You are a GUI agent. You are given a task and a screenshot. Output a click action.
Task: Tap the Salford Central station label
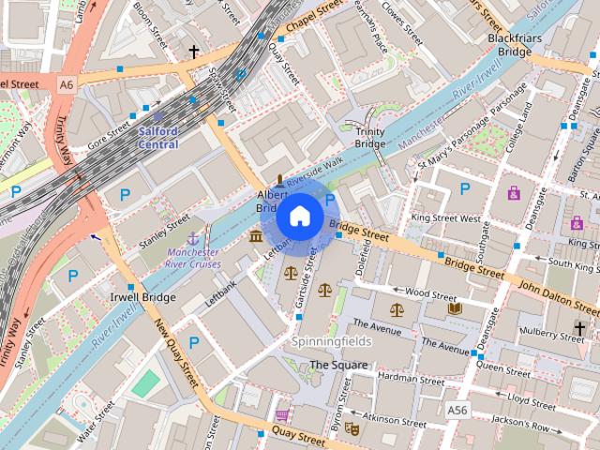[158, 138]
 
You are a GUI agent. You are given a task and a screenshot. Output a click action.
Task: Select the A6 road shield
[66, 84]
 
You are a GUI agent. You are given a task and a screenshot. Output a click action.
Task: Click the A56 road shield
[457, 411]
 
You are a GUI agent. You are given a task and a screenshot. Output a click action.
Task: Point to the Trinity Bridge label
[369, 139]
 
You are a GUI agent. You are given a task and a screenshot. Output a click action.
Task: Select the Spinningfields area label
[330, 341]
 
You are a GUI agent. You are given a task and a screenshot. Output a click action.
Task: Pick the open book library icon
[455, 308]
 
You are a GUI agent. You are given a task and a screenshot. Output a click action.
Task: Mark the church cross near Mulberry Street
[579, 328]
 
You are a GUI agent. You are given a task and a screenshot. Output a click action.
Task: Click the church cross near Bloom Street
[194, 52]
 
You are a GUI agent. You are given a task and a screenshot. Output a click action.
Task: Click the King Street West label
[445, 217]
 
